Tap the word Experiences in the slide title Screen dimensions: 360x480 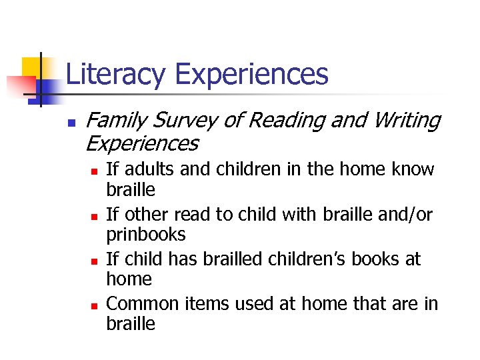(251, 75)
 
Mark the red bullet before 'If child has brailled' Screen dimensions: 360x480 (93, 261)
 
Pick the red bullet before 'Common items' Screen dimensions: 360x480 (93, 305)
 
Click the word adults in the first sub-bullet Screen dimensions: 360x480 (148, 170)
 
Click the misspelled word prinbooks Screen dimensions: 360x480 (146, 235)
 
